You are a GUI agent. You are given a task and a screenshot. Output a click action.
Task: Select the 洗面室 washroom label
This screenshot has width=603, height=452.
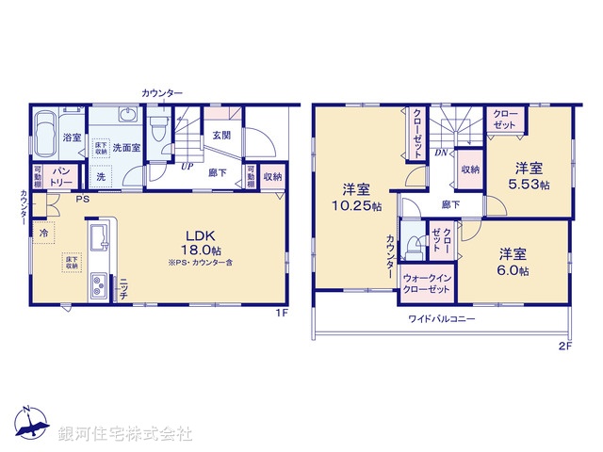[x=126, y=148]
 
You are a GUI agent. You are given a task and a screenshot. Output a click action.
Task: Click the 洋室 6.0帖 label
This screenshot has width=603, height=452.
[x=513, y=261]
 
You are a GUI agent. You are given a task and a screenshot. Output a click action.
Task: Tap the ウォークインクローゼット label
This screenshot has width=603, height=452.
[x=424, y=284]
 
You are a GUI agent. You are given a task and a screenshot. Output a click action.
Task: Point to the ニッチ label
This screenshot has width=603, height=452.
[x=123, y=288]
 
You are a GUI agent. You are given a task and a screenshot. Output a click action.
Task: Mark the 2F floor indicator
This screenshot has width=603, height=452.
[x=564, y=346]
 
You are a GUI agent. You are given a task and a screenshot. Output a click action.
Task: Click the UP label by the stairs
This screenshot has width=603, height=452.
[x=187, y=166]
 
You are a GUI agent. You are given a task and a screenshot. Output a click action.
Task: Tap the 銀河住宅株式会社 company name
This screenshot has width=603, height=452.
[x=125, y=433]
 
